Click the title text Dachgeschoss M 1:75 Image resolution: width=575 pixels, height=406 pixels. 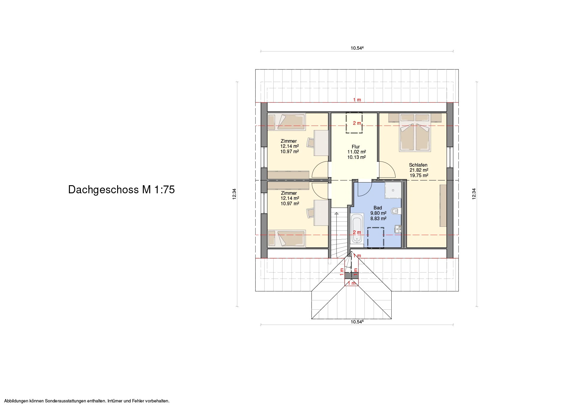pos(121,190)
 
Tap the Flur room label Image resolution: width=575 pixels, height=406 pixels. pos(356,147)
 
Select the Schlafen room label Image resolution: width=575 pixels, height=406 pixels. pos(418,165)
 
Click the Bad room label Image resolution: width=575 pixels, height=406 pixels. pos(378,208)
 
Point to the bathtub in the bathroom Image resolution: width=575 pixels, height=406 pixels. pos(357,229)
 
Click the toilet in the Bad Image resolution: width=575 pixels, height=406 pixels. pos(396,211)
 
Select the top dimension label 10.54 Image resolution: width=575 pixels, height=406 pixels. pos(357,48)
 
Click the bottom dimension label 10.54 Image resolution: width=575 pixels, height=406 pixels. pos(357,322)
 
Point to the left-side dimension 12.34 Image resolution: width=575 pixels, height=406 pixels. pos(234,194)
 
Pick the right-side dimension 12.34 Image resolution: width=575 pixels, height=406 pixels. pos(474,194)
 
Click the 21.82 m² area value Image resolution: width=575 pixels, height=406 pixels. pos(419,170)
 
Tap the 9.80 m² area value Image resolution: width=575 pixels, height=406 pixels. pos(378,213)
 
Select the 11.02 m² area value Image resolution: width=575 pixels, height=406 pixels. pos(357,152)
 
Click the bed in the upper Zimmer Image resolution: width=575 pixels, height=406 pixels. pos(286,122)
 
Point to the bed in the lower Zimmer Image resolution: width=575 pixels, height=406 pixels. pos(286,239)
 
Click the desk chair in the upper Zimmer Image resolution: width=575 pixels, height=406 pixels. pos(311,142)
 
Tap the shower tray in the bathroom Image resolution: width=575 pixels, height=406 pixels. pos(393,190)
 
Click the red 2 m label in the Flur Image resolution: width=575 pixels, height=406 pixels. pos(357,123)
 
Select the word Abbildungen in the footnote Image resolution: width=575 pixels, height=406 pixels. pos(16,401)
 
